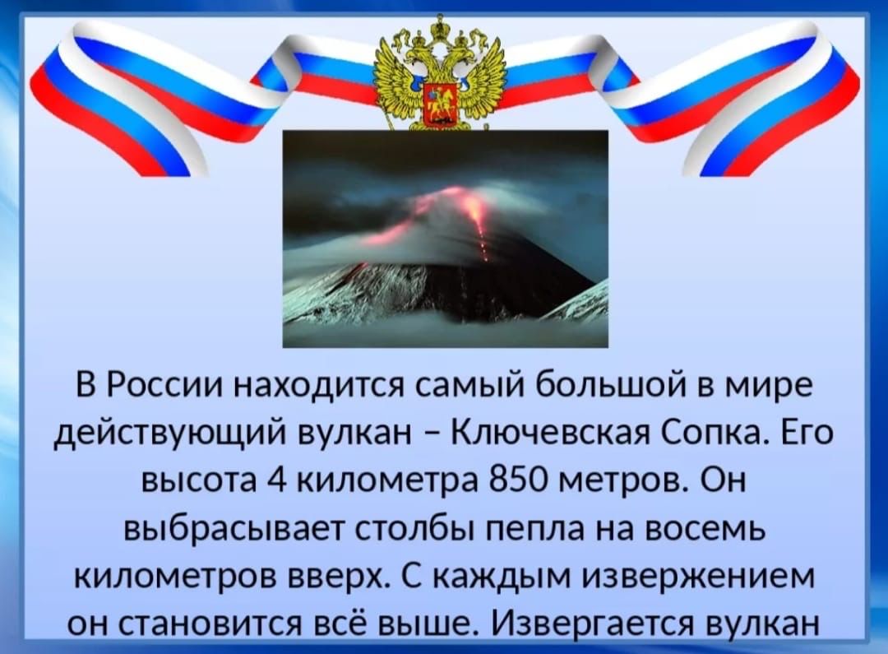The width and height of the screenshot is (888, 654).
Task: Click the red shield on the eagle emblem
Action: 438,103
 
